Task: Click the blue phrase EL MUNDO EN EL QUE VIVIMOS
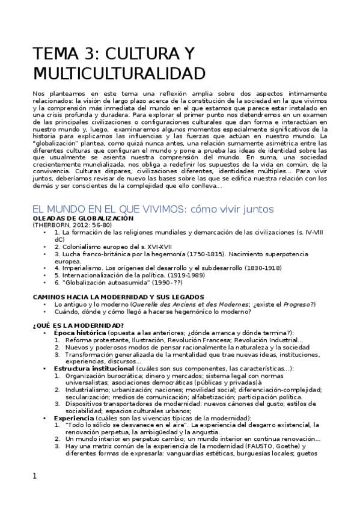(107, 209)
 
